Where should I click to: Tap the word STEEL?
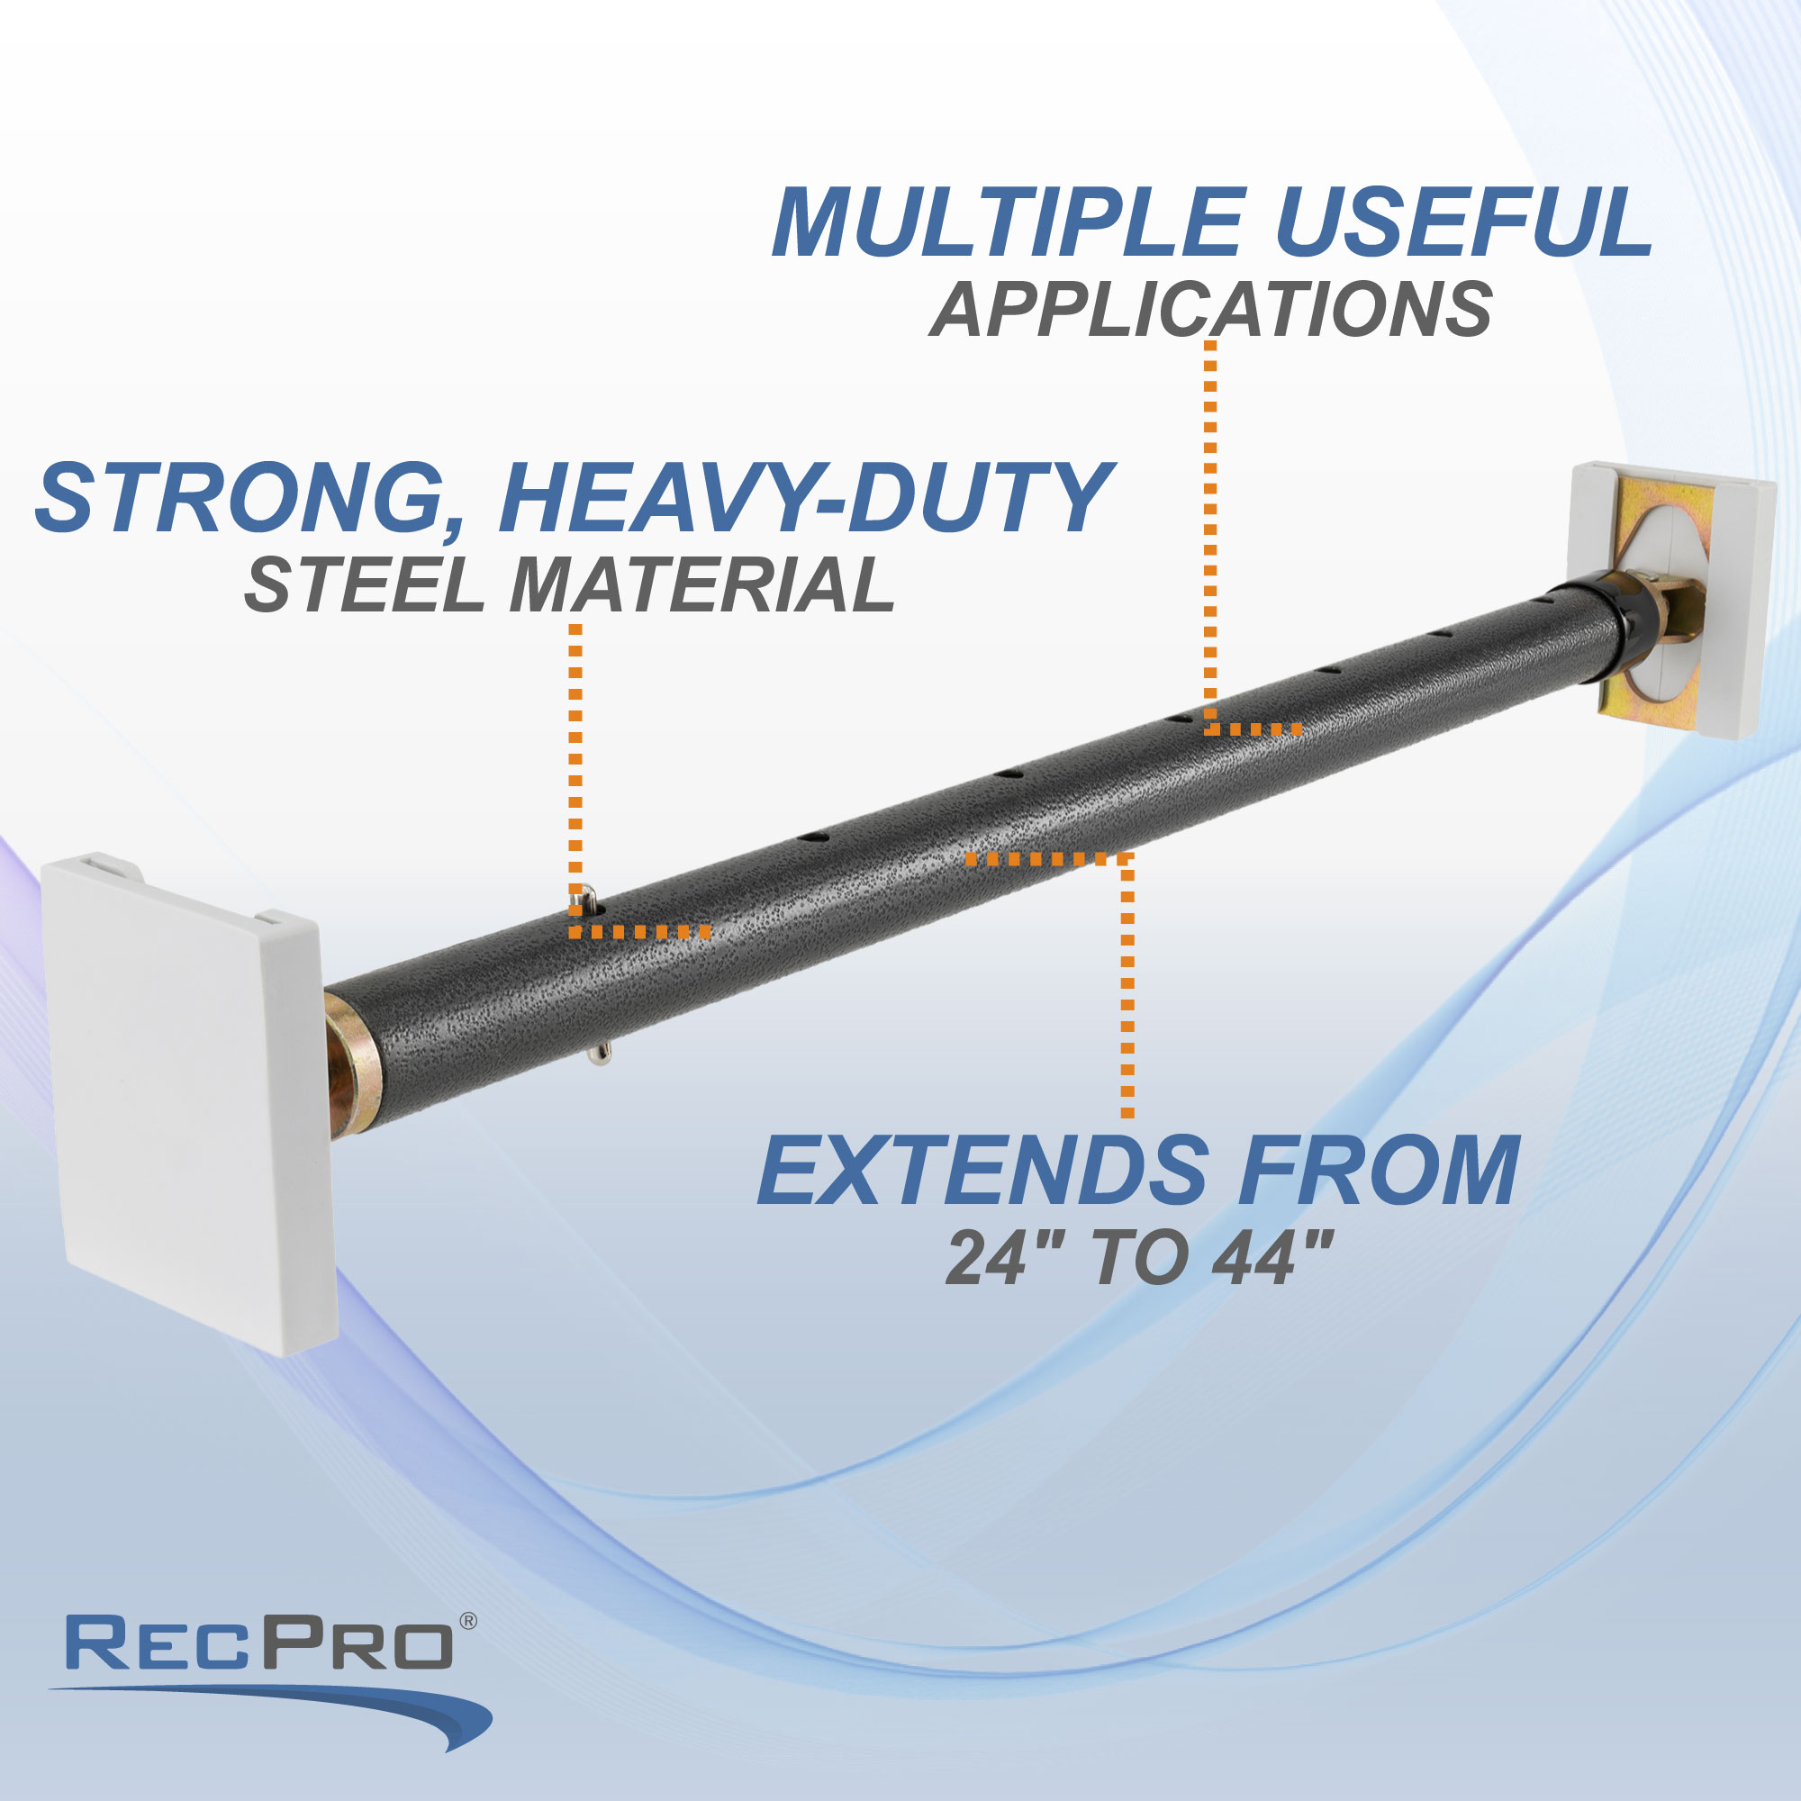coord(364,585)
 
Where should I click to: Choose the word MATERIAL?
coord(701,585)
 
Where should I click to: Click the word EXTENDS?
coord(982,1171)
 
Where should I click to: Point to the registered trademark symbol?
coord(468,1621)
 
